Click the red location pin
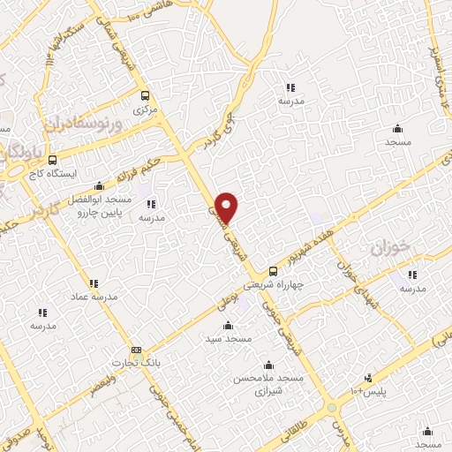pyautogui.click(x=227, y=207)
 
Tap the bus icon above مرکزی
pyautogui.click(x=144, y=96)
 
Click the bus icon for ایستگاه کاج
pyautogui.click(x=53, y=161)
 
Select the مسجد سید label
pyautogui.click(x=229, y=338)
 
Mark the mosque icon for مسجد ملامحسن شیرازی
pyautogui.click(x=268, y=365)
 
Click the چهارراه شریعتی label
pyautogui.click(x=295, y=284)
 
